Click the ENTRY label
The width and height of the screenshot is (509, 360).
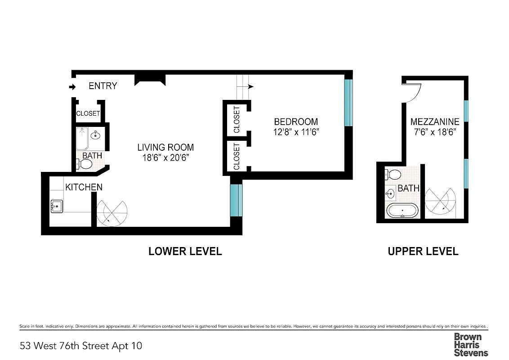[103, 86]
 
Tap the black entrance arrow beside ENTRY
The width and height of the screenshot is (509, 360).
[71, 87]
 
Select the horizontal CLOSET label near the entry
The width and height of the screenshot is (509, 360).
[88, 113]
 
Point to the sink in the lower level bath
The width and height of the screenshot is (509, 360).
[96, 135]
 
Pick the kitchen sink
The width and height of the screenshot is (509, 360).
[57, 207]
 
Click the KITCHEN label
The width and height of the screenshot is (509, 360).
[84, 187]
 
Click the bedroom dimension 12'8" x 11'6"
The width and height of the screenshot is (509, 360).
[296, 132]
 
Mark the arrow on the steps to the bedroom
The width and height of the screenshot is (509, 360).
[250, 86]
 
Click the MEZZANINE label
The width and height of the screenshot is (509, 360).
[435, 121]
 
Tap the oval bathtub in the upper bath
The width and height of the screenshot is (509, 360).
[402, 211]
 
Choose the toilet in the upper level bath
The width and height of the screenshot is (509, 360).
[393, 175]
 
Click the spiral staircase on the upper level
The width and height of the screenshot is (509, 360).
[441, 201]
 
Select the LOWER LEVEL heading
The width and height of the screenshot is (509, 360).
[185, 251]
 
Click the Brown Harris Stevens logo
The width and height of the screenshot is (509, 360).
[470, 344]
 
